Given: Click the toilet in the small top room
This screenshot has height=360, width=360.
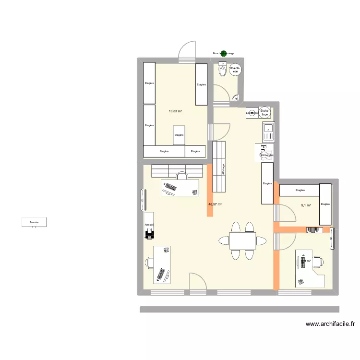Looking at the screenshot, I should (x=222, y=70).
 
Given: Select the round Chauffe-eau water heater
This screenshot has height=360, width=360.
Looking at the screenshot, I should (x=235, y=71).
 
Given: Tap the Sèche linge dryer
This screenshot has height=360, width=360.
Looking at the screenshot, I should (x=264, y=112).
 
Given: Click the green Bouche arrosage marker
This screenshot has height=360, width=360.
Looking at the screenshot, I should (x=223, y=53).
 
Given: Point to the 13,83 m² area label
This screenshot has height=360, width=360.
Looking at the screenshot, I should (x=175, y=111).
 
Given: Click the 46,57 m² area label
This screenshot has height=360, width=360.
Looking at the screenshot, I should (x=215, y=204).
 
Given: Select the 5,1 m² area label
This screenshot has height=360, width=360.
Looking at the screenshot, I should (x=306, y=205).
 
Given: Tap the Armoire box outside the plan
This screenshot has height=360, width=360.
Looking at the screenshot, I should (x=34, y=222).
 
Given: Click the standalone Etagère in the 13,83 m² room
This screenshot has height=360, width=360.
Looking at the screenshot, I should (x=179, y=135).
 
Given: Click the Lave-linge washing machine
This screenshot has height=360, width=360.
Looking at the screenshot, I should (x=251, y=113).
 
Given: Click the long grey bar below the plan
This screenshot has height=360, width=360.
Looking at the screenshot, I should (x=239, y=310).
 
